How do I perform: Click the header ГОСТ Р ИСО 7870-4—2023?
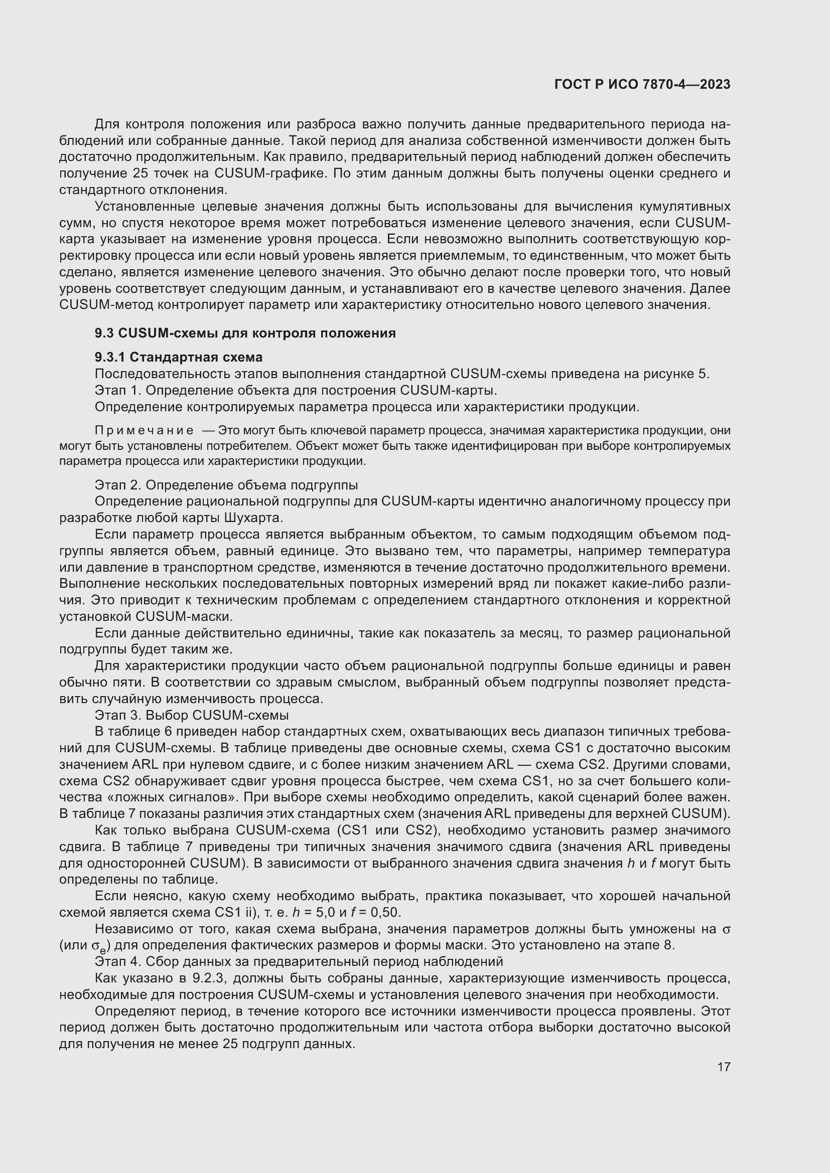(642, 84)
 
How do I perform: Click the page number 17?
(724, 1067)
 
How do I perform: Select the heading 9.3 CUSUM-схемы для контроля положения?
(245, 333)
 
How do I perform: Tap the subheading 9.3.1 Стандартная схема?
(178, 357)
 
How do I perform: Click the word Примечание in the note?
(144, 431)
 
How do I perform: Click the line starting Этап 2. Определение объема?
(226, 485)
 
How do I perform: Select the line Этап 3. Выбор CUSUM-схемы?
(192, 715)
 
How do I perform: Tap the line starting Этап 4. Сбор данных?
(299, 961)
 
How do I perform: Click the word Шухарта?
(253, 518)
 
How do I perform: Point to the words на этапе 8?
(641, 945)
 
